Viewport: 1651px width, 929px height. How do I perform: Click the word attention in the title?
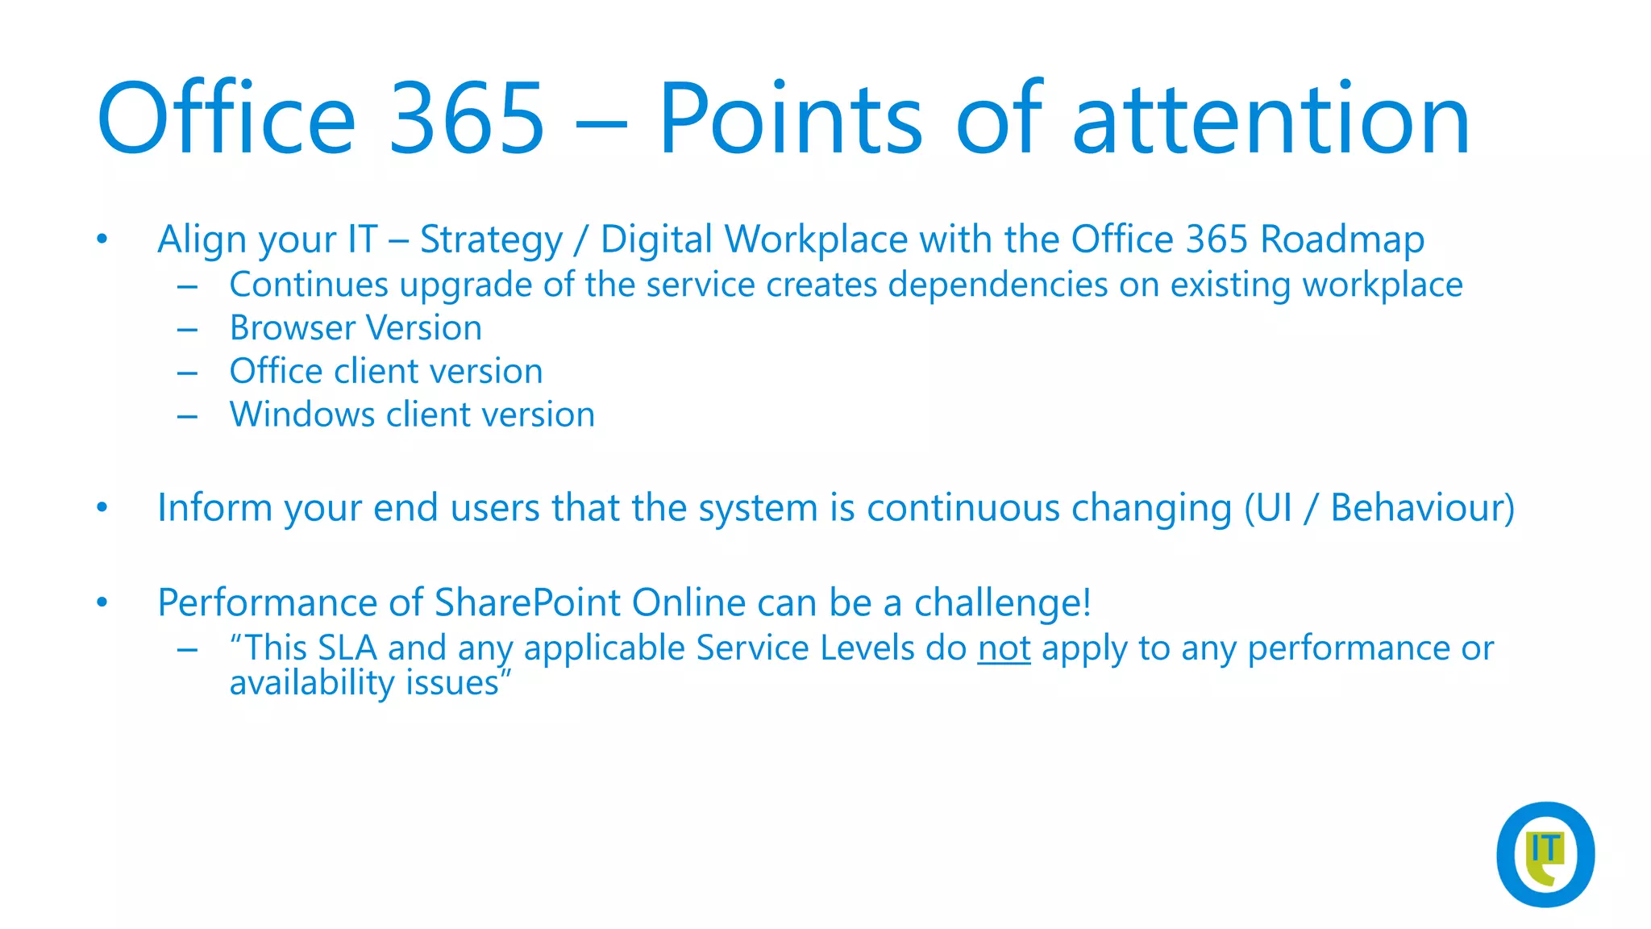click(1270, 119)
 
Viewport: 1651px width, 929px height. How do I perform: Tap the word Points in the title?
click(790, 119)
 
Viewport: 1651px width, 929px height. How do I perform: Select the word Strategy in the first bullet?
click(491, 240)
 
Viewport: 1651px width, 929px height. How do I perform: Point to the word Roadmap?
click(1342, 240)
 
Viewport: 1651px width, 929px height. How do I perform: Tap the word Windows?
click(302, 415)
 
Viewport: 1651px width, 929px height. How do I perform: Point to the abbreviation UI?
click(1275, 508)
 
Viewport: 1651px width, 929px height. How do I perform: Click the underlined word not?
click(1004, 648)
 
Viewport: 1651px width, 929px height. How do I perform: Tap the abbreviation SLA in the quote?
click(347, 648)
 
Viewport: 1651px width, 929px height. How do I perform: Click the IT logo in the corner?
click(1545, 854)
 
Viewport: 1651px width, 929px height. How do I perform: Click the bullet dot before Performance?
click(102, 602)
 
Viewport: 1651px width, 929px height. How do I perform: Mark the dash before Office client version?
click(188, 373)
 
